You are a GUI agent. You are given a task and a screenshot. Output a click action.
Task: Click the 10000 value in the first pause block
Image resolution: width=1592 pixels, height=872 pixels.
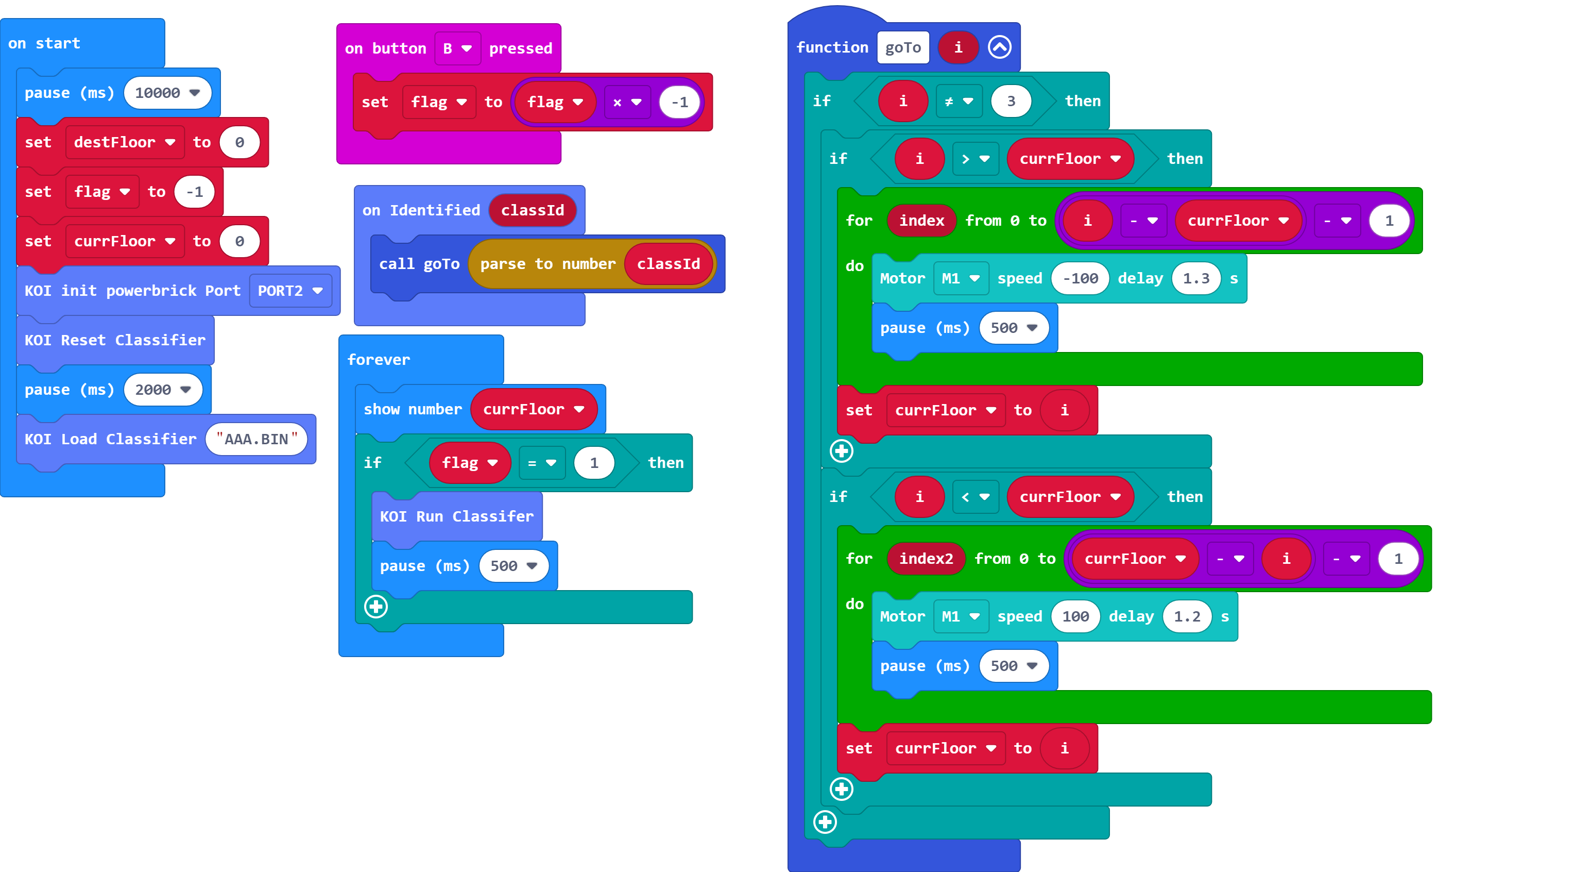click(x=166, y=93)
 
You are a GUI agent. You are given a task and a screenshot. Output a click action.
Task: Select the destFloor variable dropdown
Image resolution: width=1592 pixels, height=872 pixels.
click(x=124, y=142)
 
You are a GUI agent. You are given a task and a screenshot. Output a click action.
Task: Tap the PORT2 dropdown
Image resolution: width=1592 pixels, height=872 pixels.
click(x=290, y=291)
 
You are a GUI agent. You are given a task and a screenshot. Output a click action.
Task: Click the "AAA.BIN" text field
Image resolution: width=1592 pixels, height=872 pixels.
click(x=256, y=439)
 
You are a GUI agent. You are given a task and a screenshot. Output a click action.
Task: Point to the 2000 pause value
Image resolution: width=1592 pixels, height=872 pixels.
click(x=162, y=390)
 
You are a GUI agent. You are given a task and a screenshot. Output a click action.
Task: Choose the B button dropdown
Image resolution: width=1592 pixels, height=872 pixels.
click(x=457, y=48)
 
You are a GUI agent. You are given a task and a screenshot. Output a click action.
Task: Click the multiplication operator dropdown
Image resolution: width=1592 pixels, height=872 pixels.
click(x=627, y=103)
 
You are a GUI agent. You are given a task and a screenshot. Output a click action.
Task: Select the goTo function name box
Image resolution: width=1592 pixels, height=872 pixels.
click(x=902, y=47)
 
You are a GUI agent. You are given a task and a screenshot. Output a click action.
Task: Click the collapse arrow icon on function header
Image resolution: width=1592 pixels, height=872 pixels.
click(x=999, y=47)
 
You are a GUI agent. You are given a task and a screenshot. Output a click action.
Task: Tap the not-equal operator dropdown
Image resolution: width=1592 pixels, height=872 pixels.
click(x=958, y=102)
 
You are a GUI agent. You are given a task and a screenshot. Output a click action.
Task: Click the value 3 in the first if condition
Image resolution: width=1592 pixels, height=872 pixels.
click(x=1011, y=102)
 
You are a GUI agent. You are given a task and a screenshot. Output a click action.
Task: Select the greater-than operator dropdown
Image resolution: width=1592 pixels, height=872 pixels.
click(x=975, y=159)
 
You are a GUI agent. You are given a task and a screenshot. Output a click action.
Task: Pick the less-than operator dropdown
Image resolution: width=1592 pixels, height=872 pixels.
click(x=975, y=497)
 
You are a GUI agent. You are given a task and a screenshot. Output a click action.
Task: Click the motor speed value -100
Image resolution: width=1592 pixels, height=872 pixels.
click(x=1080, y=278)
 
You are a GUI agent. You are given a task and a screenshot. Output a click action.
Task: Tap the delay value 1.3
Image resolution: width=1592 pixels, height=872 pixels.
click(x=1195, y=278)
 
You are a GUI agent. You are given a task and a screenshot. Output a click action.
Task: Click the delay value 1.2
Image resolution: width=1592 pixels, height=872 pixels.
click(x=1186, y=616)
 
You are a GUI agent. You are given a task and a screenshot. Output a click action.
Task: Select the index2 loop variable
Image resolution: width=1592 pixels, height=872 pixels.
click(x=925, y=559)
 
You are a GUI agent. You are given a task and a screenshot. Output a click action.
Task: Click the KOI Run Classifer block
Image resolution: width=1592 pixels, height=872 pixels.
click(x=456, y=516)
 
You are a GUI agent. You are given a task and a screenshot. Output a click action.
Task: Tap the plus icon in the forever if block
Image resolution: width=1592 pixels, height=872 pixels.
click(x=376, y=607)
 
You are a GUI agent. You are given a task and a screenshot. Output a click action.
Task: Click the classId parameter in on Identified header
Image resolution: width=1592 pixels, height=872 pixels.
click(x=532, y=210)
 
